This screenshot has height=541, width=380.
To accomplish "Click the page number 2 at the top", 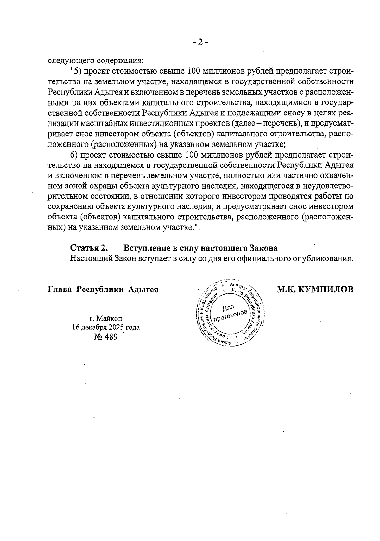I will pyautogui.click(x=200, y=42).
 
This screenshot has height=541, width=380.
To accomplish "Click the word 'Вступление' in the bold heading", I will pyautogui.click(x=143, y=248).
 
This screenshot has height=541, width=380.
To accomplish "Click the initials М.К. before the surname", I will pyautogui.click(x=287, y=290).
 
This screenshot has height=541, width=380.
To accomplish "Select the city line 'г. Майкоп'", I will pyautogui.click(x=106, y=318).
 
